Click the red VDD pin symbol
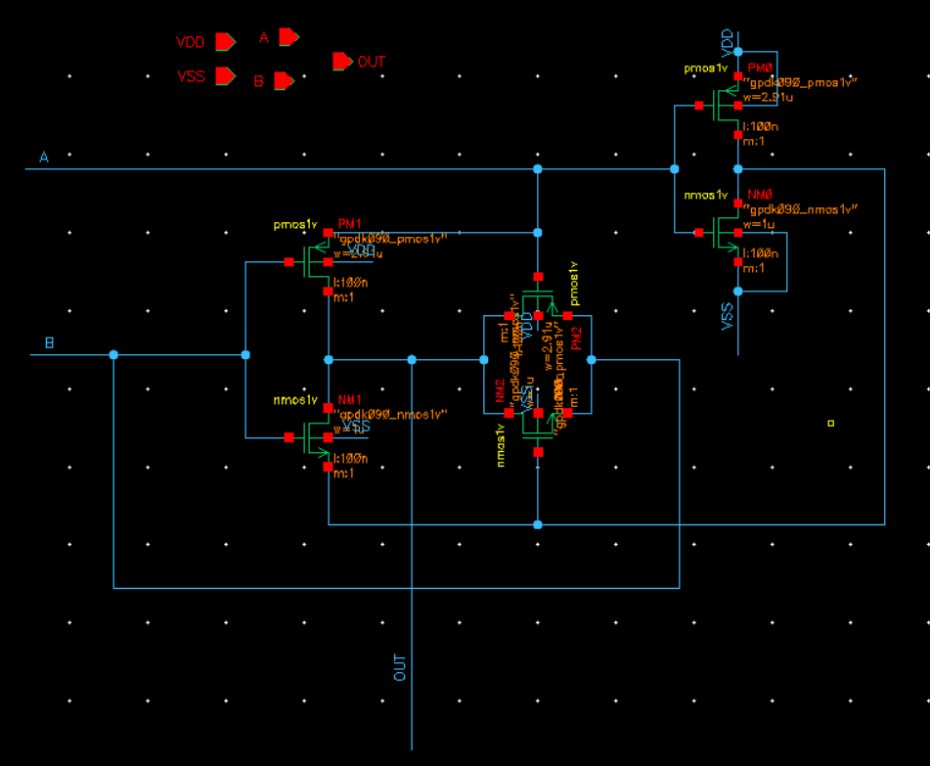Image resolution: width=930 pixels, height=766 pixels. coord(225,42)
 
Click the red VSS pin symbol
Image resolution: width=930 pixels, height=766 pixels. coord(225,76)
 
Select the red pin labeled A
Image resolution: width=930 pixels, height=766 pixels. coord(288,37)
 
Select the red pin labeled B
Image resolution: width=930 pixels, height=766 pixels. coord(283,81)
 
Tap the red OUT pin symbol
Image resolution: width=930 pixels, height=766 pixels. coord(341,62)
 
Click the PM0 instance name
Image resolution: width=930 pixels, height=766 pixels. coord(760,68)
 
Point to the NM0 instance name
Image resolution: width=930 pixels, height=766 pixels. coord(760,196)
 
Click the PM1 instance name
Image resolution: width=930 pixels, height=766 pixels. coord(349,224)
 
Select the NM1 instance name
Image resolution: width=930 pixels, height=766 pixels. coord(349,400)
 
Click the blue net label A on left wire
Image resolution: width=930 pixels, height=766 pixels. coord(44,158)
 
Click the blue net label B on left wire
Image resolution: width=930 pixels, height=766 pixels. coord(50,343)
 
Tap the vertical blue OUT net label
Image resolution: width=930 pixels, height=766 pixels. coord(400,668)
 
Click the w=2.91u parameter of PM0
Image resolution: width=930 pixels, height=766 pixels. coord(769,97)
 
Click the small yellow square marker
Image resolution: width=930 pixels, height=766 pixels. coord(831,424)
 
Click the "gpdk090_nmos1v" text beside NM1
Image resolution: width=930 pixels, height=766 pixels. coord(391,414)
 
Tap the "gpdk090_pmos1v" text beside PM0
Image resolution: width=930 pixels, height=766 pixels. coord(802,82)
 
